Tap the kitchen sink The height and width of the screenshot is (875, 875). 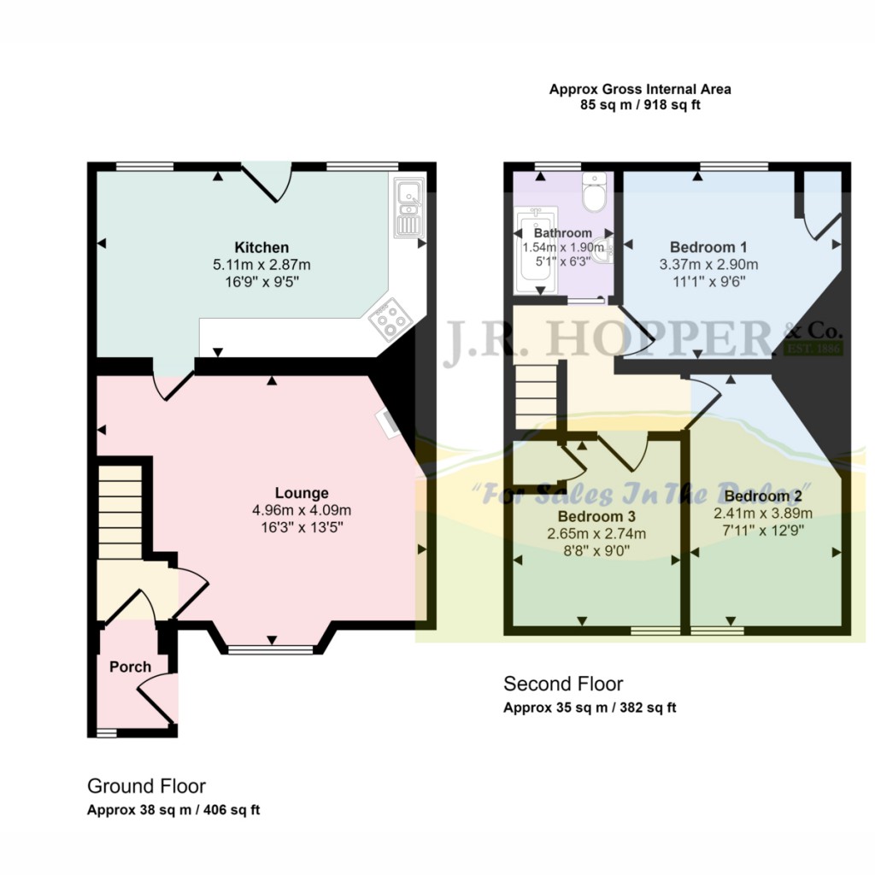click(408, 208)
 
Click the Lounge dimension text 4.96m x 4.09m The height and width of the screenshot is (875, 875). click(302, 511)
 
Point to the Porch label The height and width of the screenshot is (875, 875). click(131, 667)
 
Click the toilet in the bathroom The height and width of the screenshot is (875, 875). click(593, 193)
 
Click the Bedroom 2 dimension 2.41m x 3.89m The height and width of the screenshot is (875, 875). click(762, 514)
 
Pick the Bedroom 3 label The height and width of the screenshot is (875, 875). click(596, 517)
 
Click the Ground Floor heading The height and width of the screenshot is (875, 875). click(146, 786)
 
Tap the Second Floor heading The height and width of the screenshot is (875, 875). click(563, 684)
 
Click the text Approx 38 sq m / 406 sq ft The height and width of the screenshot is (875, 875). click(173, 810)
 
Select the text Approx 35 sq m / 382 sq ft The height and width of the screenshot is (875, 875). click(590, 708)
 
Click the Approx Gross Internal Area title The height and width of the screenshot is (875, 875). click(640, 88)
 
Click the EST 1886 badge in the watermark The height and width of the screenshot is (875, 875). click(813, 349)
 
